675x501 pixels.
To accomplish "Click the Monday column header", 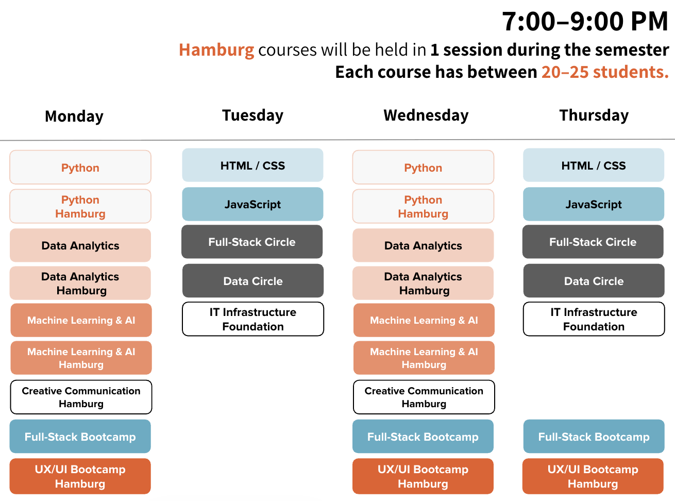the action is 74,116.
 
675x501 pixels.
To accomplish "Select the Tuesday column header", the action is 252,115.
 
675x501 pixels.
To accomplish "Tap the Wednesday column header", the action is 426,115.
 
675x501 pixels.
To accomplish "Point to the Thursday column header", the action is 594,115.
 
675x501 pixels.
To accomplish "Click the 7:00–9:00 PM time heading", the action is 585,21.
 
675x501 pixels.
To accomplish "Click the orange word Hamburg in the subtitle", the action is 216,50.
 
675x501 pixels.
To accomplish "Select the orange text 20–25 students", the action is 605,72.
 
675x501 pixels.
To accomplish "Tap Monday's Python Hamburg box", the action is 80,207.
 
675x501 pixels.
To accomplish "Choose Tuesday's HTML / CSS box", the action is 252,165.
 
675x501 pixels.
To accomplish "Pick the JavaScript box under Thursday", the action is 594,204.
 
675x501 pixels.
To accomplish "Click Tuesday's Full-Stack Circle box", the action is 252,242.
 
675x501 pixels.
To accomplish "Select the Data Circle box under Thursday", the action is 594,281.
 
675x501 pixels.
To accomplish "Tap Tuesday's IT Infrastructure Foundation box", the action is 253,319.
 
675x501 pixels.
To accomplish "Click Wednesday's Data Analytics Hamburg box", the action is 423,283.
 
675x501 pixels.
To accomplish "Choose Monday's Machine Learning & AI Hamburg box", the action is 81,358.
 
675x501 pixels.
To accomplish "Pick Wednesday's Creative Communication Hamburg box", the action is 424,397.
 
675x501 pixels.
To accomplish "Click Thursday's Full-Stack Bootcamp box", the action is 594,437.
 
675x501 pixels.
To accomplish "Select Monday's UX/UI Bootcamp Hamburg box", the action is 80,476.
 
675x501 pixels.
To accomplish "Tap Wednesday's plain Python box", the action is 424,167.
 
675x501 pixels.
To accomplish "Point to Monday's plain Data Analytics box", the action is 80,245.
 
